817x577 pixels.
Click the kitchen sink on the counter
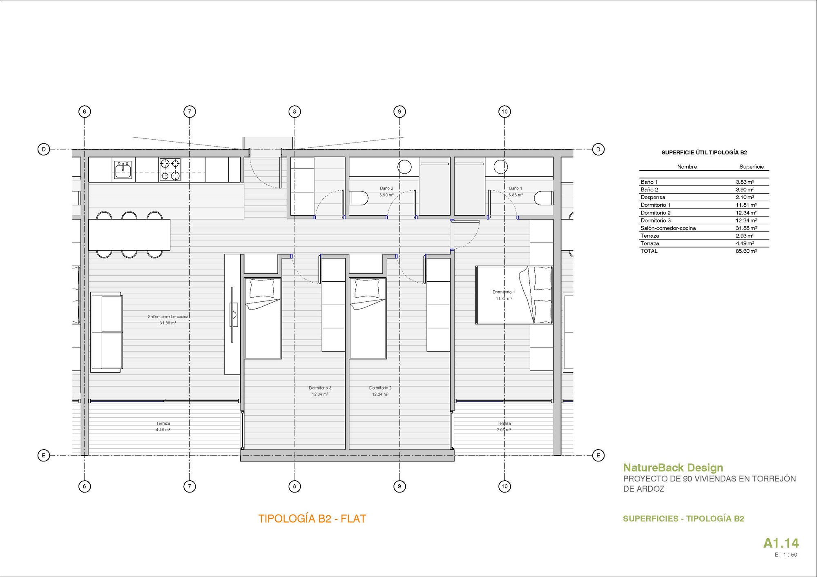pos(123,169)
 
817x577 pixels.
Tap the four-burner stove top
pos(170,169)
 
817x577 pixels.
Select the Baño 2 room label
pos(386,189)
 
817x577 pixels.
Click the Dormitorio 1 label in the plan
pos(504,292)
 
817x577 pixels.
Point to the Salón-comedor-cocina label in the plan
pos(168,316)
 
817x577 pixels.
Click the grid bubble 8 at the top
pos(295,111)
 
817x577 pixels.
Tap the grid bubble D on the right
pos(598,149)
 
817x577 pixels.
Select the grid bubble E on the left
pos(44,455)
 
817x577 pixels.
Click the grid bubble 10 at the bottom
pos(504,486)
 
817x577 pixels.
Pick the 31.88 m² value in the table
pos(746,228)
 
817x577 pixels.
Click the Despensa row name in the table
pos(653,198)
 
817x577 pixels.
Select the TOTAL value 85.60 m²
pos(746,251)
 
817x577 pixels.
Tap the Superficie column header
pos(751,167)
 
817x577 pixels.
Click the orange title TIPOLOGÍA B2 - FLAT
pos(312,519)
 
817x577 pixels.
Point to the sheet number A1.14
pos(781,543)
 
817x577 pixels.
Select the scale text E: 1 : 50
pos(786,555)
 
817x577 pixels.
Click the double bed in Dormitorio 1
pos(513,295)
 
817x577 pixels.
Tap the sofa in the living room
pos(107,332)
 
